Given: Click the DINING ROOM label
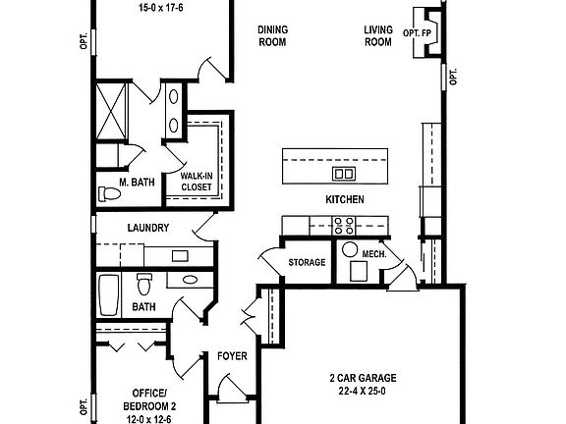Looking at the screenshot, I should [x=273, y=36].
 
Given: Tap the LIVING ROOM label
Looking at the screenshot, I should [x=378, y=36].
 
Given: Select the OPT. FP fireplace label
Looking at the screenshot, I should [x=418, y=33].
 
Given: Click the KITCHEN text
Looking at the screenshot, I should [x=345, y=199].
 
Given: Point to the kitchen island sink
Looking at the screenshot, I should [x=345, y=174].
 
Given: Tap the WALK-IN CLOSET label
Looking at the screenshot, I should [x=196, y=182].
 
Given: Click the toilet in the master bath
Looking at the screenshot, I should [x=110, y=194].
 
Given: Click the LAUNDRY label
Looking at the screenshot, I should [x=148, y=229].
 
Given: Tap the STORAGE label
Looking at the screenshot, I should [x=307, y=263].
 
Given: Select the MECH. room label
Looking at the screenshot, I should [x=374, y=254].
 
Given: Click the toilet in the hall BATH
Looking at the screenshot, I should [x=143, y=285].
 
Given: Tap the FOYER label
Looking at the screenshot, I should [x=232, y=356].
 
